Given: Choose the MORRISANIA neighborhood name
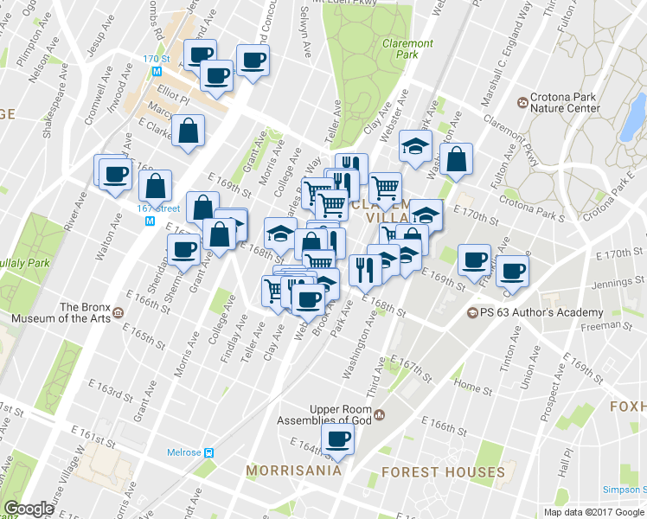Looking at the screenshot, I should click(x=289, y=471).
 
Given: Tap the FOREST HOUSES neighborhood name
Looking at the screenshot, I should click(x=443, y=472).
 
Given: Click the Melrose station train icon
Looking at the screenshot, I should click(x=209, y=452).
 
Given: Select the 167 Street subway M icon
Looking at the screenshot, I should click(x=150, y=221).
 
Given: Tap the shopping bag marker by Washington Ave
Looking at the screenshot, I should click(x=456, y=159).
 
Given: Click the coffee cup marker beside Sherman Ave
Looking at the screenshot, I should click(x=183, y=250).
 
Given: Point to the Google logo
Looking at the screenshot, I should click(x=29, y=509).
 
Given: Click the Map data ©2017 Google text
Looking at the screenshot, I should click(x=593, y=512).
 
